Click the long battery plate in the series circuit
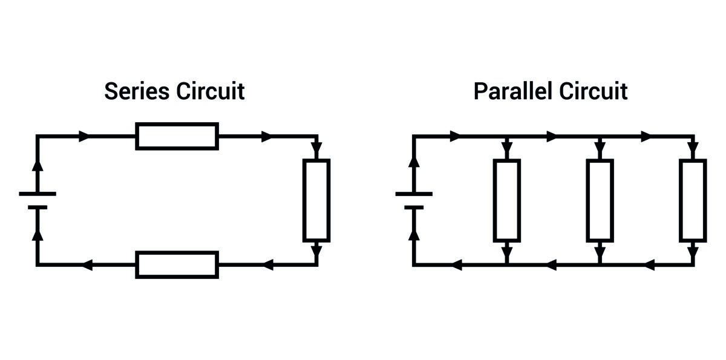point(38,194)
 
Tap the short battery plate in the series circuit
point(38,208)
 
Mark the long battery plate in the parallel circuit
point(414,194)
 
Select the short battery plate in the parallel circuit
point(414,208)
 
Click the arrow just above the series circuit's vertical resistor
point(316,148)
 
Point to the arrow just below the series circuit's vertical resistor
point(316,252)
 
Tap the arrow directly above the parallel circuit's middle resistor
point(600,148)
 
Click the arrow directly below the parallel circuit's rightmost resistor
point(693,252)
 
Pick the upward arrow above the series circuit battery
point(38,165)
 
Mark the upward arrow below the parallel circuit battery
point(414,235)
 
